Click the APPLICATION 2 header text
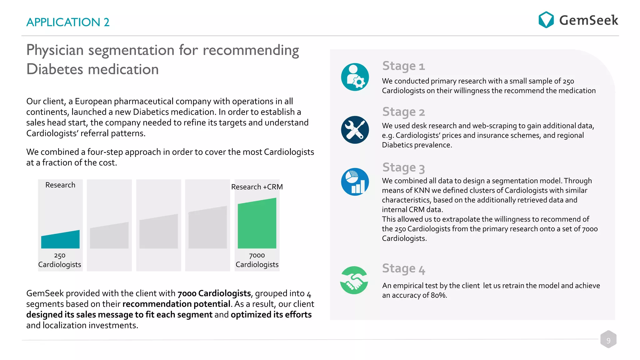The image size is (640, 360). [x=68, y=22]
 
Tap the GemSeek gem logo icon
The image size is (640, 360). [x=546, y=20]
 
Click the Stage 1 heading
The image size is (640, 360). [x=403, y=66]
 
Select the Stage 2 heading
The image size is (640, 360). [x=403, y=112]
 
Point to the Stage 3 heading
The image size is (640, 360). [x=403, y=167]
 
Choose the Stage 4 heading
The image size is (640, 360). [x=403, y=268]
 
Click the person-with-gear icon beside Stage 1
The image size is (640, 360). [x=355, y=77]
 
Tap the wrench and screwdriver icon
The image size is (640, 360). [x=355, y=130]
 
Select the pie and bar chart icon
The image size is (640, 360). [x=355, y=182]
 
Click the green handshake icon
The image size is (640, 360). [x=354, y=280]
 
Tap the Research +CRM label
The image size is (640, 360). [x=257, y=187]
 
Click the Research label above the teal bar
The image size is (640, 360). [x=60, y=185]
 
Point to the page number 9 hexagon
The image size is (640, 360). [x=608, y=340]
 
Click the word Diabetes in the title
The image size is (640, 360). [x=55, y=69]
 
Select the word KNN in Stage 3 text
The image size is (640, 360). [x=422, y=190]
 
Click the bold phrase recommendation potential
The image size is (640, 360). [x=176, y=304]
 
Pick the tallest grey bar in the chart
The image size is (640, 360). [x=207, y=228]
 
